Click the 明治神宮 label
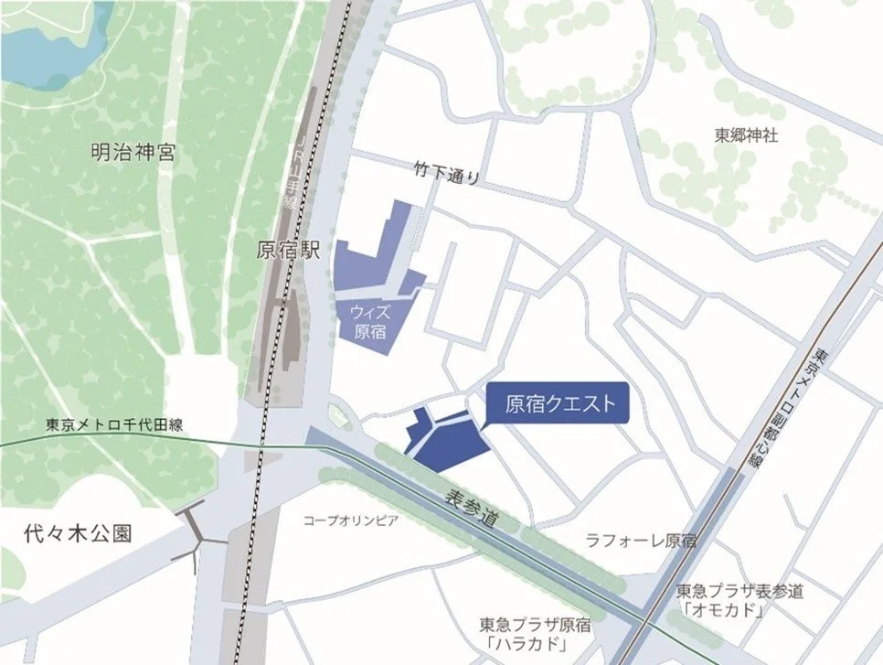133,153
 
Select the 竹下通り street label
446,171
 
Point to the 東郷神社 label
746,134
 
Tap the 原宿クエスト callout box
559,402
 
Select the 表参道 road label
473,509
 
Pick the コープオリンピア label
351,520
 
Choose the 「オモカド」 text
721,609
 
